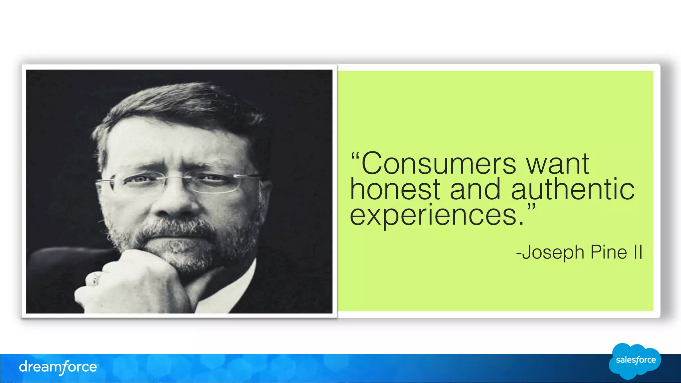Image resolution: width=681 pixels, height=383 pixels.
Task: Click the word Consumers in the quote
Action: point(438,163)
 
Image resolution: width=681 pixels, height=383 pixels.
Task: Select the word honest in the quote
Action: point(395,189)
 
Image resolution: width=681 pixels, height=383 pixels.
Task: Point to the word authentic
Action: point(573,189)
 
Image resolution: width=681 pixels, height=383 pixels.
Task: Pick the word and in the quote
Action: point(475,189)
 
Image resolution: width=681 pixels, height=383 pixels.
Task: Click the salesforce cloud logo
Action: point(635,361)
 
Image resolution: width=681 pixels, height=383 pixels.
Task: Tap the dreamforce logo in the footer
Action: point(59,367)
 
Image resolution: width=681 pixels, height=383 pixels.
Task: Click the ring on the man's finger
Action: point(96,278)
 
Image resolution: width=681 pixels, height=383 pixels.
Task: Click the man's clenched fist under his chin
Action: point(133,282)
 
